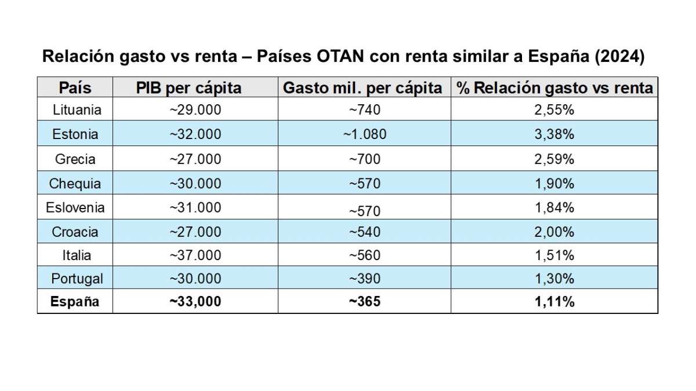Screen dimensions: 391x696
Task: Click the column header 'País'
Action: (75, 88)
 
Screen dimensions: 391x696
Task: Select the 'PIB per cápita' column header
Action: (188, 88)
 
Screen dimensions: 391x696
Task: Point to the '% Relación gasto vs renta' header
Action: (554, 88)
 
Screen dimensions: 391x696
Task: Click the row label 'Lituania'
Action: (77, 109)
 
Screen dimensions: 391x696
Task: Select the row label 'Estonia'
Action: (75, 134)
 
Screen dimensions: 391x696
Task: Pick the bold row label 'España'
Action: (75, 302)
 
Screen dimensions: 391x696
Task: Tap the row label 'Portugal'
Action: (77, 279)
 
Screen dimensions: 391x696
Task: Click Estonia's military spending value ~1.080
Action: (364, 134)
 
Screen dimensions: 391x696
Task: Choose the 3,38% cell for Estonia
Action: (554, 134)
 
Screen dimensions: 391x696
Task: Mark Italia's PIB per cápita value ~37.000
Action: (195, 255)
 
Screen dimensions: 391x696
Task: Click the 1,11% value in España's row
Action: (554, 302)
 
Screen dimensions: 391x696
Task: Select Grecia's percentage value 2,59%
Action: (554, 159)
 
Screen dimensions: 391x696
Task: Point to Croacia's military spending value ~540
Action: (364, 232)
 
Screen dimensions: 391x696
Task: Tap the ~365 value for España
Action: (364, 302)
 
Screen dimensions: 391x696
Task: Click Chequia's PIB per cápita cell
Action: (195, 184)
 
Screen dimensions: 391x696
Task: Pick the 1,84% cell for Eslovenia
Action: (554, 207)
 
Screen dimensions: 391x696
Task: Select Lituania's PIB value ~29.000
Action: (195, 109)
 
